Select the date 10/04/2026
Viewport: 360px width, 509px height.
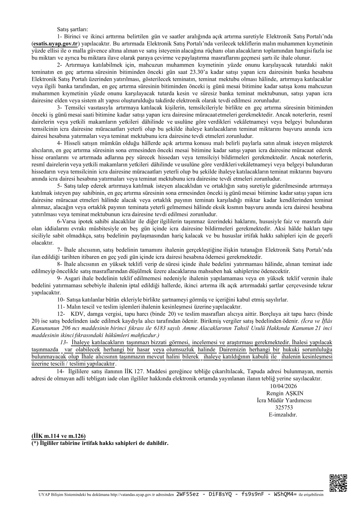[x=283, y=386]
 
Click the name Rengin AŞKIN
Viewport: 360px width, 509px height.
[x=285, y=393]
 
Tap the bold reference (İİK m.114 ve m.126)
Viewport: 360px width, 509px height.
[x=58, y=436]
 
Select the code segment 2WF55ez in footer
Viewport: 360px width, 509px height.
[x=187, y=495]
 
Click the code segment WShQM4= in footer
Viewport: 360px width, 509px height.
[x=285, y=495]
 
